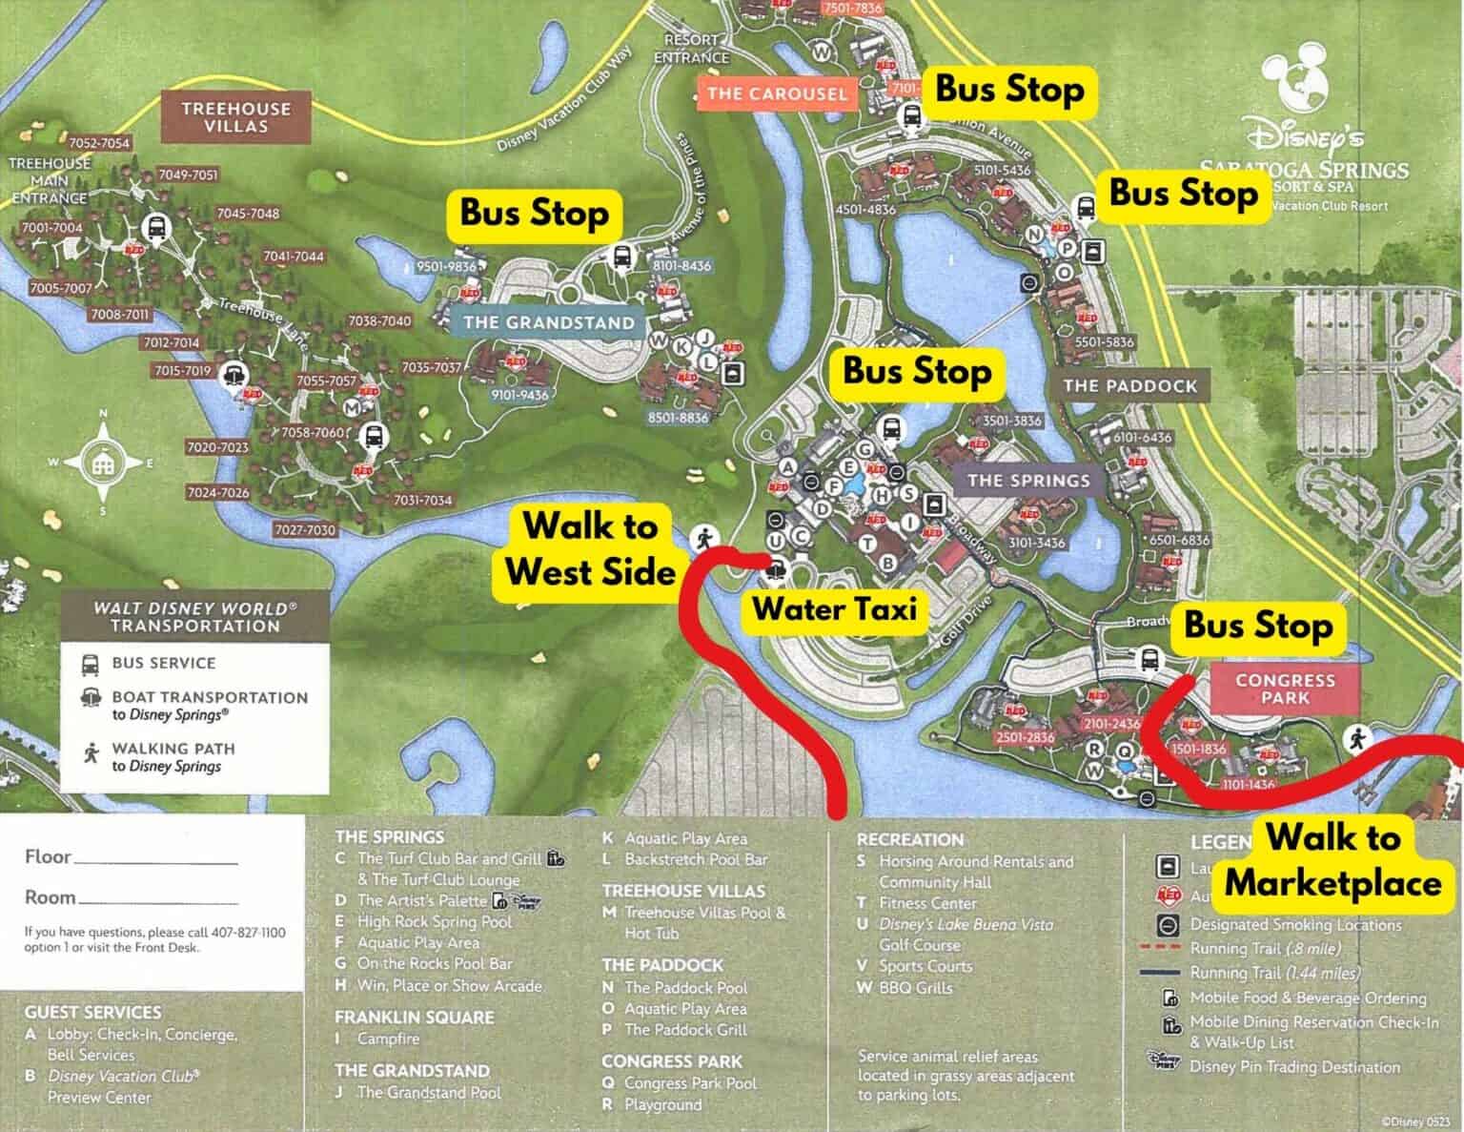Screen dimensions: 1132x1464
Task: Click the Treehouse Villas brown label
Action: click(236, 116)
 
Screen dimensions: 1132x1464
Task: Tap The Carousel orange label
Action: click(777, 93)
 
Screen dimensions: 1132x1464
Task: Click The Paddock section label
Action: click(1129, 385)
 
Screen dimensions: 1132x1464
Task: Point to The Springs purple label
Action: click(1028, 480)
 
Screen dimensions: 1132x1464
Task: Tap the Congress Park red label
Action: click(1285, 689)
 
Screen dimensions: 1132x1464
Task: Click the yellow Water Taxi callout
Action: click(835, 608)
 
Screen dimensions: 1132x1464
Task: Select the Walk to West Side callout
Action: click(590, 548)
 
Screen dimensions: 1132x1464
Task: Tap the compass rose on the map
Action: click(103, 464)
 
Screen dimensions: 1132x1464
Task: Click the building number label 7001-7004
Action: click(51, 228)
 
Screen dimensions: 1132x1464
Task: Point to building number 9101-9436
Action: click(519, 395)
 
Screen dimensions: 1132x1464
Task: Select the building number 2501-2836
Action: click(1025, 738)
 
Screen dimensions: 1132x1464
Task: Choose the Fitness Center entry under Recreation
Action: click(927, 902)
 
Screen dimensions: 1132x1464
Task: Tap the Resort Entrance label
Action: click(691, 49)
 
